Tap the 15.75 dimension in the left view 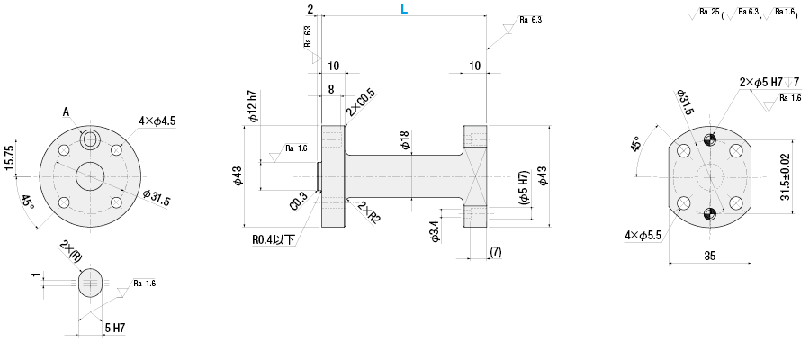coord(9,157)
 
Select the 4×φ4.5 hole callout coord(157,121)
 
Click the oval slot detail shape coord(90,283)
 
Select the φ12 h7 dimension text coord(254,106)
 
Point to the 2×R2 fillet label coord(368,213)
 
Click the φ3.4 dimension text coord(435,230)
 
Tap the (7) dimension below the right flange coord(495,253)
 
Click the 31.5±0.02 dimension coord(787,176)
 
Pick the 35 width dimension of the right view coord(709,256)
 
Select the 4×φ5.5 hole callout coord(643,235)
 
